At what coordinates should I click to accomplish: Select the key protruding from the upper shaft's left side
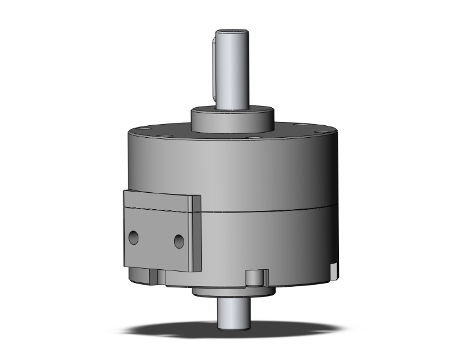(x=215, y=69)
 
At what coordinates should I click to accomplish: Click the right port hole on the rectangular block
(x=179, y=240)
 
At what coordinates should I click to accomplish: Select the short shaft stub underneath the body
(x=232, y=313)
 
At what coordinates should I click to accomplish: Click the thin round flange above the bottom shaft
(x=232, y=293)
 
